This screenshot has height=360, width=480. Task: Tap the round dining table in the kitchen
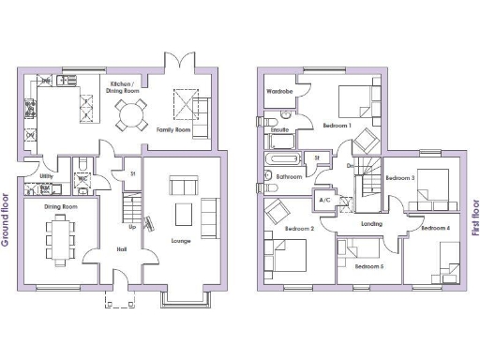[x=131, y=116]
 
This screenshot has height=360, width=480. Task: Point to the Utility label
[x=46, y=175]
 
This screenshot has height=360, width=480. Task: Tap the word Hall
[x=122, y=248]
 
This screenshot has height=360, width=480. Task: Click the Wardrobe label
[x=279, y=92]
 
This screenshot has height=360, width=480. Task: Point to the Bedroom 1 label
[x=337, y=125]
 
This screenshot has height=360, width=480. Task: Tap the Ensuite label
[x=279, y=130]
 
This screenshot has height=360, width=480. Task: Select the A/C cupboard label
[x=325, y=201]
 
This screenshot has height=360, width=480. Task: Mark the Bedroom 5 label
[x=369, y=267]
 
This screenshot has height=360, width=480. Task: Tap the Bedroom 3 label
[x=400, y=177]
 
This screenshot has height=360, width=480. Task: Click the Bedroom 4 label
[x=436, y=228]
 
